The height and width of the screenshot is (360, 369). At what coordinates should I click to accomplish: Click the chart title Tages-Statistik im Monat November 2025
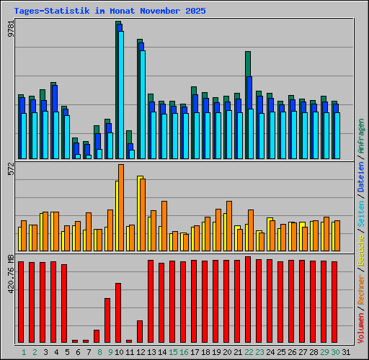point(110,12)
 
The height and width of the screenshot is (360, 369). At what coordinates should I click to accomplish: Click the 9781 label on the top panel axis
point(9,30)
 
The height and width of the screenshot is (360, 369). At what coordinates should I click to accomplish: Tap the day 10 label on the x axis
point(120,352)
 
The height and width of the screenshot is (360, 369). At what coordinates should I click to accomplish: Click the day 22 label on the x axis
point(249,352)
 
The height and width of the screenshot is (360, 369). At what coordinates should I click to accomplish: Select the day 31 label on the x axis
point(347,352)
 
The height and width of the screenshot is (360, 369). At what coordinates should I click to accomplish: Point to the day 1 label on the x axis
point(24,352)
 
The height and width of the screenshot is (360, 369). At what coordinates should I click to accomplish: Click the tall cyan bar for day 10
point(121,94)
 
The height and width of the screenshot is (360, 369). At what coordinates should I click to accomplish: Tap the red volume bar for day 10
point(118,313)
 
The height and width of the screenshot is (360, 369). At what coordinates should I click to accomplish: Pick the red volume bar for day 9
point(107,320)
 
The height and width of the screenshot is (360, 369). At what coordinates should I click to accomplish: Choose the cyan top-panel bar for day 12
point(143,104)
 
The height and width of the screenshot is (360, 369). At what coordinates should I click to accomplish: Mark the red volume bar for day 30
point(334,302)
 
